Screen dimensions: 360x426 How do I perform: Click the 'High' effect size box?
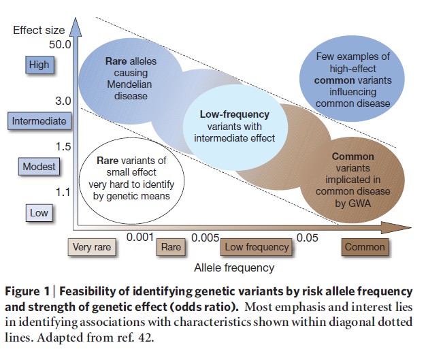pos(39,65)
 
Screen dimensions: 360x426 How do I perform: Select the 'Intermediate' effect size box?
pos(39,121)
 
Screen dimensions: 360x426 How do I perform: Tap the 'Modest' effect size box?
pos(39,167)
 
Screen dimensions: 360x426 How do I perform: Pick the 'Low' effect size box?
pos(39,212)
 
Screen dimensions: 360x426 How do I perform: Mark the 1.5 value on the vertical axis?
pos(64,147)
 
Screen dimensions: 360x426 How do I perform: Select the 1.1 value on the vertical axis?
pos(64,193)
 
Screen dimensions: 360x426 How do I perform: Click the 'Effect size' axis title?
pos(39,29)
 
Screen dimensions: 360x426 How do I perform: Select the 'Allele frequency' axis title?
pos(235,267)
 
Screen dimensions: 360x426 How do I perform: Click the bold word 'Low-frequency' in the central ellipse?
pos(233,114)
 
